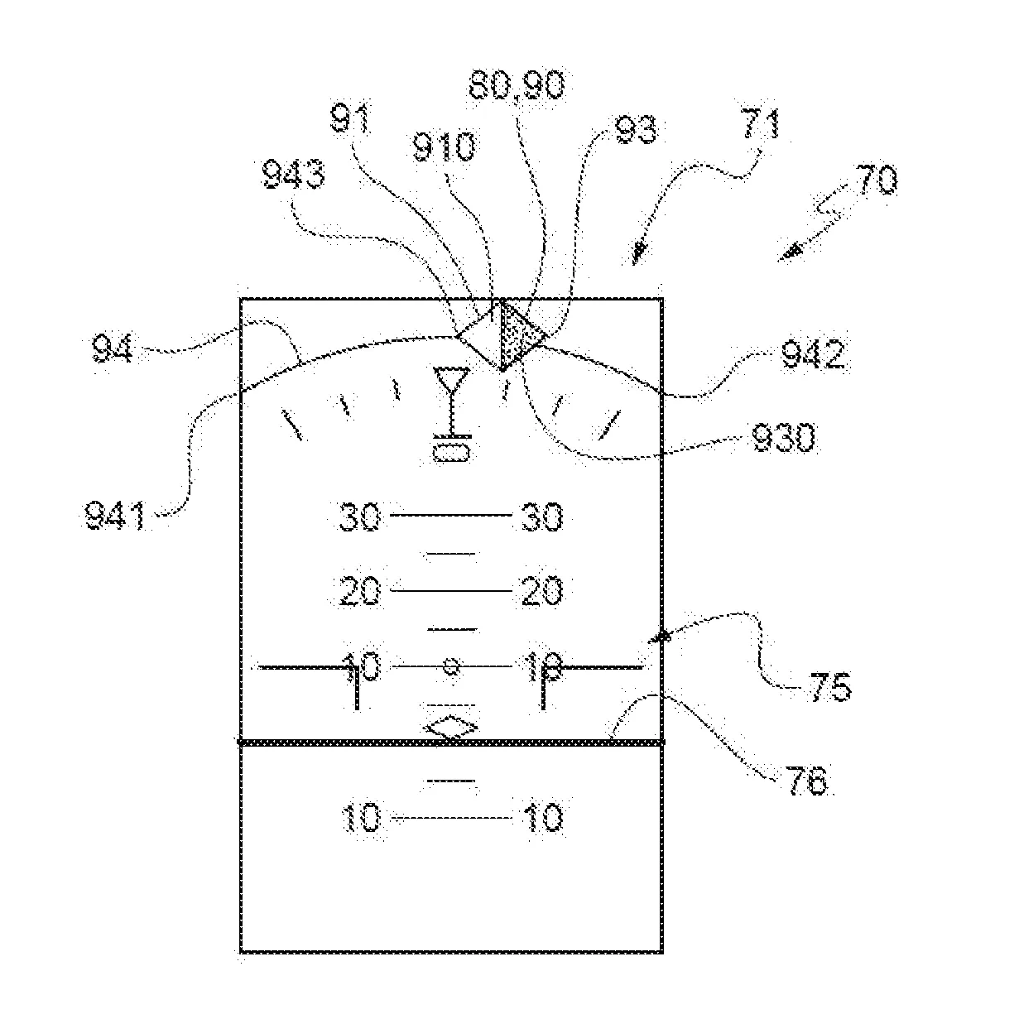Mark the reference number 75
(828, 687)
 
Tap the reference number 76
(805, 781)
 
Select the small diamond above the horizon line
(450, 728)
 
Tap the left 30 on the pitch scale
(359, 517)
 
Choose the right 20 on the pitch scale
(542, 591)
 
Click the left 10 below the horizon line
(360, 819)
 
